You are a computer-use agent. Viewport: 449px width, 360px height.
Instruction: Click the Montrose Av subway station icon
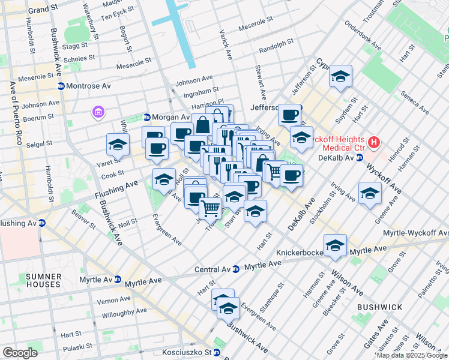point(61,86)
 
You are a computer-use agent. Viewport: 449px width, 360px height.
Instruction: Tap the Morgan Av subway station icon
point(146,116)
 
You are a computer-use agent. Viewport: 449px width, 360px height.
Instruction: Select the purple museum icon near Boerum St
point(97,112)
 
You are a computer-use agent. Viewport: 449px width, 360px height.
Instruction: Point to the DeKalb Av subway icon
point(359,158)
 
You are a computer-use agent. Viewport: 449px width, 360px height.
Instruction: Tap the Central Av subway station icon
point(236,269)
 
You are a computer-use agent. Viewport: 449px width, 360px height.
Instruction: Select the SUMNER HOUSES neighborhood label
point(43,280)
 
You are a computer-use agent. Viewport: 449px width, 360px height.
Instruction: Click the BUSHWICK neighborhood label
point(379,307)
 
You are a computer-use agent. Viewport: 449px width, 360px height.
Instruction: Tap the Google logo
point(19,353)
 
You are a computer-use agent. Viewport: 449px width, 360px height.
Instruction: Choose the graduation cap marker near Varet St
point(118,144)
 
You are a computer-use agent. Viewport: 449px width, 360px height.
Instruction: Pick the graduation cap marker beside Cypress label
point(340,76)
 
